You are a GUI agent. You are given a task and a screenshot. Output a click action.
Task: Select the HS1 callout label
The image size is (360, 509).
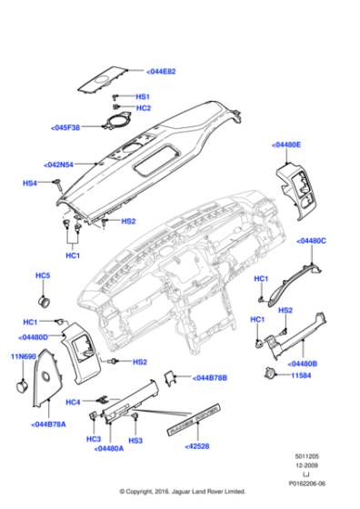click(x=143, y=96)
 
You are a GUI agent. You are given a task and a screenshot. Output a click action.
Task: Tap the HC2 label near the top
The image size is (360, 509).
click(x=143, y=108)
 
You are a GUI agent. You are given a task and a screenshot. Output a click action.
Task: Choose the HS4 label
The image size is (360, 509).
click(x=29, y=183)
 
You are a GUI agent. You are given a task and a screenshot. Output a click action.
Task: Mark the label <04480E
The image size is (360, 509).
click(x=285, y=145)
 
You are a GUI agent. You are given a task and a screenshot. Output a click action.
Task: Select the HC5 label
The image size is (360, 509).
click(x=43, y=275)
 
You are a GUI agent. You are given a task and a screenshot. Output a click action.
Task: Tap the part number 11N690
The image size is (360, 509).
click(x=22, y=357)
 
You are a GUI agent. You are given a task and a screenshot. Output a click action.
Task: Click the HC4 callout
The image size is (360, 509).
click(x=74, y=401)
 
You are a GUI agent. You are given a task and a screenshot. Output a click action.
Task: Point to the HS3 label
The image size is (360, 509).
click(x=135, y=440)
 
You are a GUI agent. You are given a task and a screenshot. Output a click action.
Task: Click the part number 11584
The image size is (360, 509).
click(x=299, y=374)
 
